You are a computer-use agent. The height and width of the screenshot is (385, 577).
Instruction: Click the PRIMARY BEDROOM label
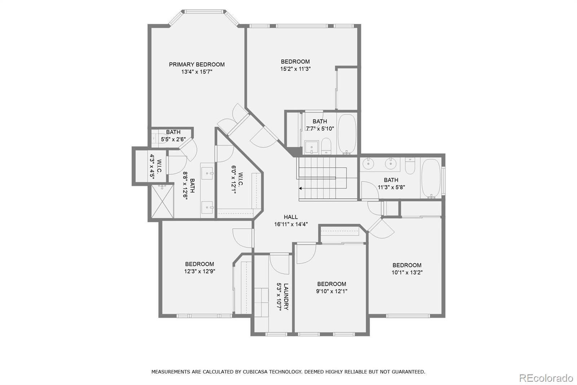coord(197,65)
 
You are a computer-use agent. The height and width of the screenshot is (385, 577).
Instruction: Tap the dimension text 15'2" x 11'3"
coord(295,69)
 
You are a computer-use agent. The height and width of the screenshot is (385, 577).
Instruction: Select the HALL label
coord(291,217)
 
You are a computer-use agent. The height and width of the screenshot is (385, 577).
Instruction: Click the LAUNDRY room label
coord(286,297)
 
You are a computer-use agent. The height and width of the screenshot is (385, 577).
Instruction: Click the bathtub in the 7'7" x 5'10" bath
coord(347,133)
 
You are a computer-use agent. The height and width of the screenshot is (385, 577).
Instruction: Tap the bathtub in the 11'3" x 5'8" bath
coord(431,178)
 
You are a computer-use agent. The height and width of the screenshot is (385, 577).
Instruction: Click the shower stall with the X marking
coord(162,202)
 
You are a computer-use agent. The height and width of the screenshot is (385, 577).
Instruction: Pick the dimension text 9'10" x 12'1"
coord(331,291)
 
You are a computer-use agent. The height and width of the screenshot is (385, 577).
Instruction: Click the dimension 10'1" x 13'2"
coord(407,272)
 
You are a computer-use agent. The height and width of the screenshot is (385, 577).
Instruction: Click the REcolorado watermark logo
coord(546,378)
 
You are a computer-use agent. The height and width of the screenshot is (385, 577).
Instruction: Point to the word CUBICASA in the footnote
coord(258,371)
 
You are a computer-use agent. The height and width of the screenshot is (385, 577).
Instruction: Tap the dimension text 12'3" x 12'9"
coord(199,271)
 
